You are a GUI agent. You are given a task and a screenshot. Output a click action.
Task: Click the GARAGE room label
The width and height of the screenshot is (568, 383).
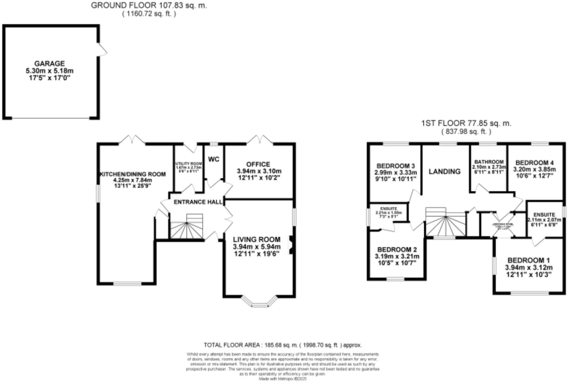pyautogui.click(x=49, y=64)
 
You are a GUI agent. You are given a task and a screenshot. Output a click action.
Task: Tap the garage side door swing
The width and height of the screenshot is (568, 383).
pyautogui.click(x=102, y=50)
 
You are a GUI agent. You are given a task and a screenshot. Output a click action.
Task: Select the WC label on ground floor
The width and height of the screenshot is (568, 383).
pyautogui.click(x=214, y=159)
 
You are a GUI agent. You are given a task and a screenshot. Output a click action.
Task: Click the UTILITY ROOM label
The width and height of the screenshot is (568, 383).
pyautogui.click(x=189, y=164)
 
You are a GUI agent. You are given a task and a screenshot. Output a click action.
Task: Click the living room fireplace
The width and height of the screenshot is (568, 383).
pyautogui.click(x=291, y=245)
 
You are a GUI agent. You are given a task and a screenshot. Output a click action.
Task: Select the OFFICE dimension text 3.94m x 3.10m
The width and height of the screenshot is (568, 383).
pyautogui.click(x=259, y=171)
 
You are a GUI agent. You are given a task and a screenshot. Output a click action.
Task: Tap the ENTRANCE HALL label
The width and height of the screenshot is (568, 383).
pyautogui.click(x=198, y=202)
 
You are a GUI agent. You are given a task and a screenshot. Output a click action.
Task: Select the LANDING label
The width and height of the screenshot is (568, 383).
pyautogui.click(x=444, y=171)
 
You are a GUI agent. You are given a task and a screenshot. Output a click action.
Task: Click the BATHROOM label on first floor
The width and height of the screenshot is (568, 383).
pyautogui.click(x=489, y=162)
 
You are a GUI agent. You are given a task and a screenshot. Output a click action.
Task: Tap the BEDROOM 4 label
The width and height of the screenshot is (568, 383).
pyautogui.click(x=534, y=163)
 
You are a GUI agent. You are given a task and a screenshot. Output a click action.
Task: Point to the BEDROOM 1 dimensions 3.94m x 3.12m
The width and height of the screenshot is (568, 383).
pyautogui.click(x=529, y=268)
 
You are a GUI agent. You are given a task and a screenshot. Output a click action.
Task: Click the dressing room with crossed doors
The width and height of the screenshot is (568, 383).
pyautogui.click(x=503, y=225)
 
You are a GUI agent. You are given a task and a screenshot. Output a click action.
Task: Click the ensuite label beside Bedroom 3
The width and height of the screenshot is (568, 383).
pyautogui.click(x=388, y=209)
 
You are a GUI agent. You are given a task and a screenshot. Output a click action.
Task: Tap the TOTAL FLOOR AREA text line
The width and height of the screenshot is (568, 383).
pyautogui.click(x=282, y=345)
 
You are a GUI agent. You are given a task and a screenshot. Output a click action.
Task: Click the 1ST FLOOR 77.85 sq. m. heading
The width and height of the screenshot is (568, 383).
pyautogui.click(x=466, y=123)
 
